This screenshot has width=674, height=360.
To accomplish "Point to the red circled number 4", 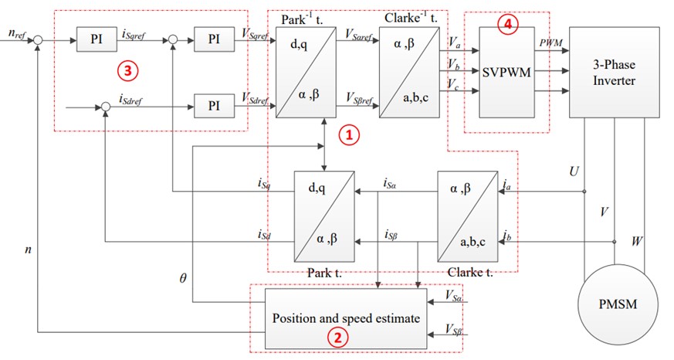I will pyautogui.click(x=506, y=24).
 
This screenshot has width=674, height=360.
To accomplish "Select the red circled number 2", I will pyautogui.click(x=337, y=338).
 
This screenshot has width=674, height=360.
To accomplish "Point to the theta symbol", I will pyautogui.click(x=183, y=276).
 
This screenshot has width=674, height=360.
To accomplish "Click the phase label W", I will pyautogui.click(x=637, y=242).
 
